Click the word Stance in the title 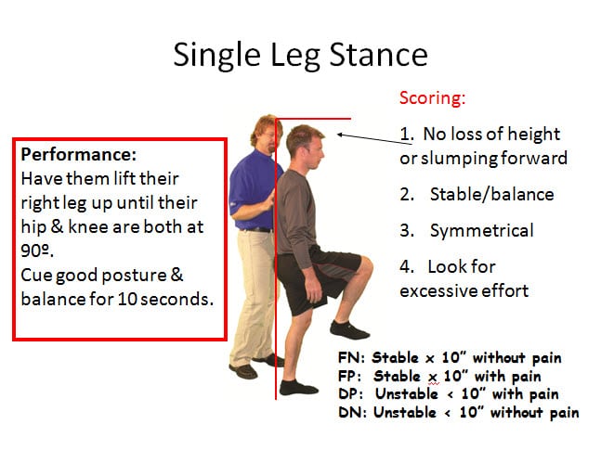pyautogui.click(x=378, y=55)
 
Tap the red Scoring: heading pyautogui.click(x=432, y=98)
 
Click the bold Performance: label pyautogui.click(x=79, y=154)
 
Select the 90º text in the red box pyautogui.click(x=37, y=251)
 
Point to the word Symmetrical pyautogui.click(x=482, y=231)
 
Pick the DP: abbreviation pyautogui.click(x=351, y=393)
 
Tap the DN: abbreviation pyautogui.click(x=353, y=412)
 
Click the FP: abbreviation pyautogui.click(x=350, y=376)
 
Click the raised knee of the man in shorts pyautogui.click(x=365, y=266)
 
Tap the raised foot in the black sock pyautogui.click(x=348, y=329)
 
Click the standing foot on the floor pyautogui.click(x=298, y=388)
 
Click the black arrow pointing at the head pyautogui.click(x=374, y=139)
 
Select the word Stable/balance pyautogui.click(x=491, y=195)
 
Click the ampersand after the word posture pyautogui.click(x=176, y=275)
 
